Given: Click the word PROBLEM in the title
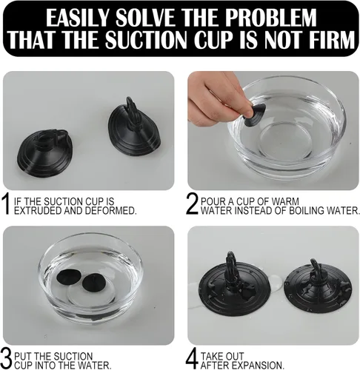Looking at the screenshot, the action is [x=270, y=18].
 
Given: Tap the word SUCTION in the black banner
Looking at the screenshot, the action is [x=146, y=39].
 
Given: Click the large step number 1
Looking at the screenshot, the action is [x=6, y=203].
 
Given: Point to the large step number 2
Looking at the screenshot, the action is [x=192, y=203].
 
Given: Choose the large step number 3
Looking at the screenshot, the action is [x=6, y=358].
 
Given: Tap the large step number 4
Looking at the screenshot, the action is [x=192, y=358].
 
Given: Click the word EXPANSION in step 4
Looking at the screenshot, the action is [x=257, y=366].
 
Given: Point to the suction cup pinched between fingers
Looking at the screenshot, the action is [x=254, y=115].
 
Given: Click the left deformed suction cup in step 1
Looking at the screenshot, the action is [x=44, y=153].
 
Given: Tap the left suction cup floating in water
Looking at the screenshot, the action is [x=68, y=277].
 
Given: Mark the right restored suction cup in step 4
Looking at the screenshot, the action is [x=318, y=291].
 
